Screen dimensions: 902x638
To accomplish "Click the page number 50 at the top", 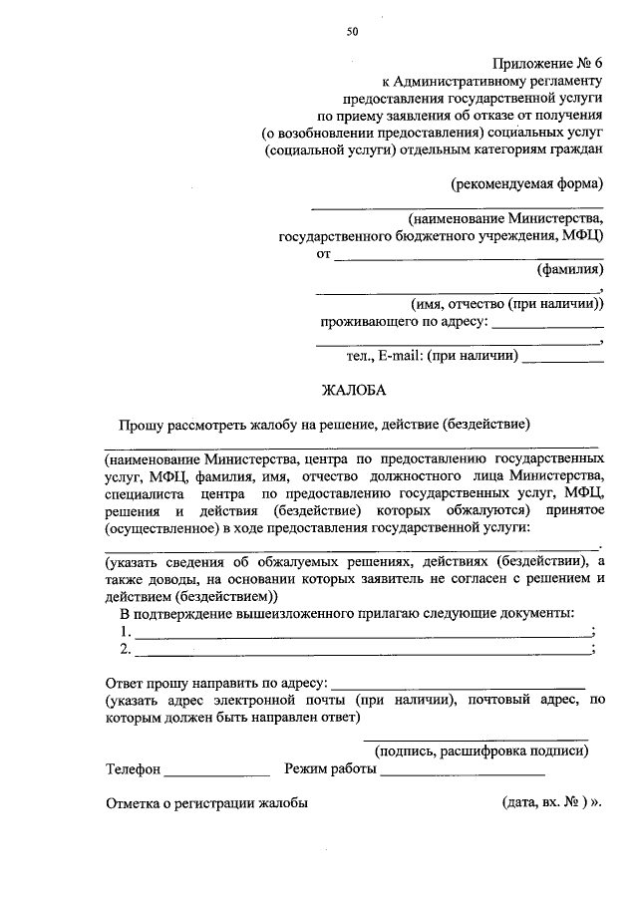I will pyautogui.click(x=352, y=31).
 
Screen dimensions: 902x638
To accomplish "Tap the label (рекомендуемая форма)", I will pyautogui.click(x=526, y=183).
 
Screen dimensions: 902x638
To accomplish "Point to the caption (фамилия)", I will pyautogui.click(x=569, y=269).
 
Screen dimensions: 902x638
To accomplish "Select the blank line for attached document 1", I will pyautogui.click(x=362, y=635).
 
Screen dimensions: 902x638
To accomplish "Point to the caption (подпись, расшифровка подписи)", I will pyautogui.click(x=475, y=752).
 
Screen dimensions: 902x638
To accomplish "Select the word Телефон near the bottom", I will pyautogui.click(x=133, y=769).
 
